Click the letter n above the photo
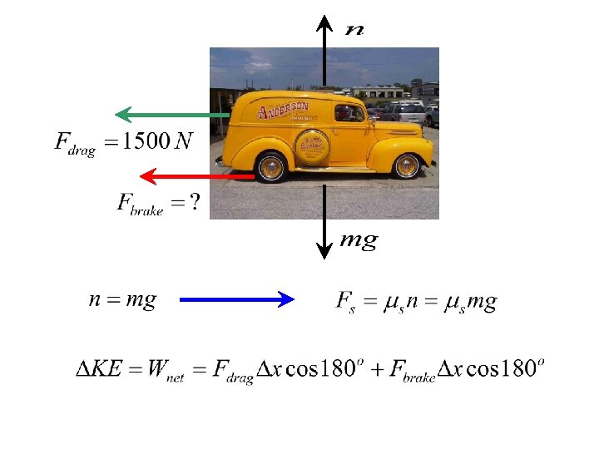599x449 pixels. (x=354, y=29)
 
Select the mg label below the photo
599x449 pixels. (x=359, y=241)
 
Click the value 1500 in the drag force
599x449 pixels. (x=141, y=141)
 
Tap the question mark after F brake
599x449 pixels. (x=194, y=203)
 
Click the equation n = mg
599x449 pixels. (x=122, y=299)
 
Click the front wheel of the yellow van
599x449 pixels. (x=406, y=165)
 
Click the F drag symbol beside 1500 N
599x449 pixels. (x=75, y=143)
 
